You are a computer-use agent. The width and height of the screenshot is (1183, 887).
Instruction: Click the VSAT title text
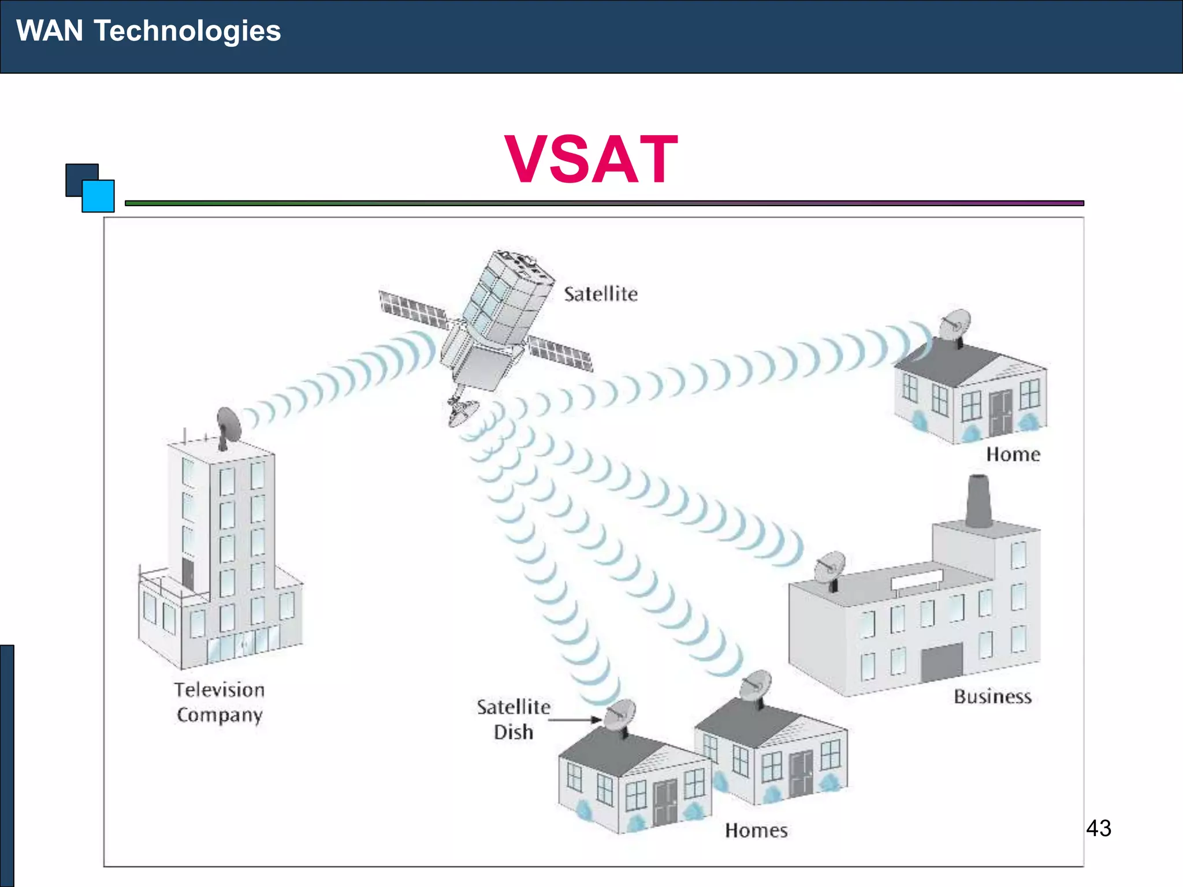tap(591, 159)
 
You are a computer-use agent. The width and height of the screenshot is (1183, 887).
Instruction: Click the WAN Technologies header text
tap(148, 31)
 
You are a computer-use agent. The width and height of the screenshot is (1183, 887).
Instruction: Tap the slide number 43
tap(1098, 828)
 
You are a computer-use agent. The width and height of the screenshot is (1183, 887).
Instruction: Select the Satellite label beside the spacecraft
tap(601, 294)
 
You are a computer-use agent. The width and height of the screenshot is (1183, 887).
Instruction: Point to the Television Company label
tap(220, 702)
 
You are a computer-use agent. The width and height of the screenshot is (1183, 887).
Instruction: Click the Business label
tap(992, 696)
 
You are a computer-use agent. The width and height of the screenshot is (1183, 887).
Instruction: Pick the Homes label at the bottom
tap(756, 830)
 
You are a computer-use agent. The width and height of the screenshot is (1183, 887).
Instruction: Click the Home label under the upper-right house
tap(1013, 454)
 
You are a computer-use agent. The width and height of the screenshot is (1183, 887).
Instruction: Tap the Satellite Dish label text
tap(514, 719)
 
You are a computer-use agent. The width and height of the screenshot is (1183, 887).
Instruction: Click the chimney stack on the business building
tap(979, 501)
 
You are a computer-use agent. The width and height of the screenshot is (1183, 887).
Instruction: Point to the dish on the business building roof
tap(829, 568)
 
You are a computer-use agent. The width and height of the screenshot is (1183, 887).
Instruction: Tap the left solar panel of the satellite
tap(412, 309)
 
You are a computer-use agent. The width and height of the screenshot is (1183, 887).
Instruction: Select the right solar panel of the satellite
tap(560, 352)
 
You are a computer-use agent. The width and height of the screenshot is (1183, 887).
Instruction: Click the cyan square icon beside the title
tap(98, 196)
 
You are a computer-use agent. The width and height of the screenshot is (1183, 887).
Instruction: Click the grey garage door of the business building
tap(942, 662)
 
